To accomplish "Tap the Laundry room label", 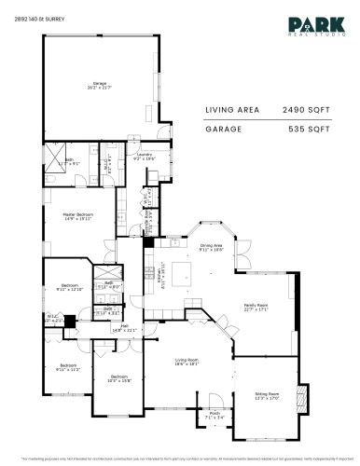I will point(143,158).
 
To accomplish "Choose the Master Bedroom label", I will point(76,218).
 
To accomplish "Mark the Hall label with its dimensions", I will point(124,327).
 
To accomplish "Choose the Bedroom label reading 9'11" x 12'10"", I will point(70,288).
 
